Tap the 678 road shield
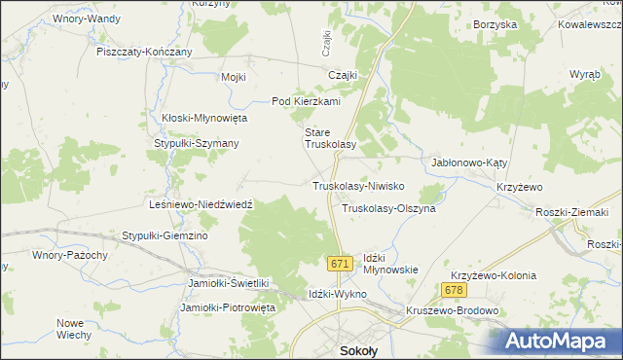tap(453, 290)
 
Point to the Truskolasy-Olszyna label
tap(388, 208)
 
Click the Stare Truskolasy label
tap(331, 137)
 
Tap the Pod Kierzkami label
tap(306, 101)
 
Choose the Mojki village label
tap(234, 77)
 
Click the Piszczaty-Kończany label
tap(144, 52)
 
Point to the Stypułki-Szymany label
tap(197, 143)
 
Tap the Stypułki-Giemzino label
tap(165, 235)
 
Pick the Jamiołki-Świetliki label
tap(227, 283)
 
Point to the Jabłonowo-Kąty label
tap(470, 163)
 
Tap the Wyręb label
tap(585, 75)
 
